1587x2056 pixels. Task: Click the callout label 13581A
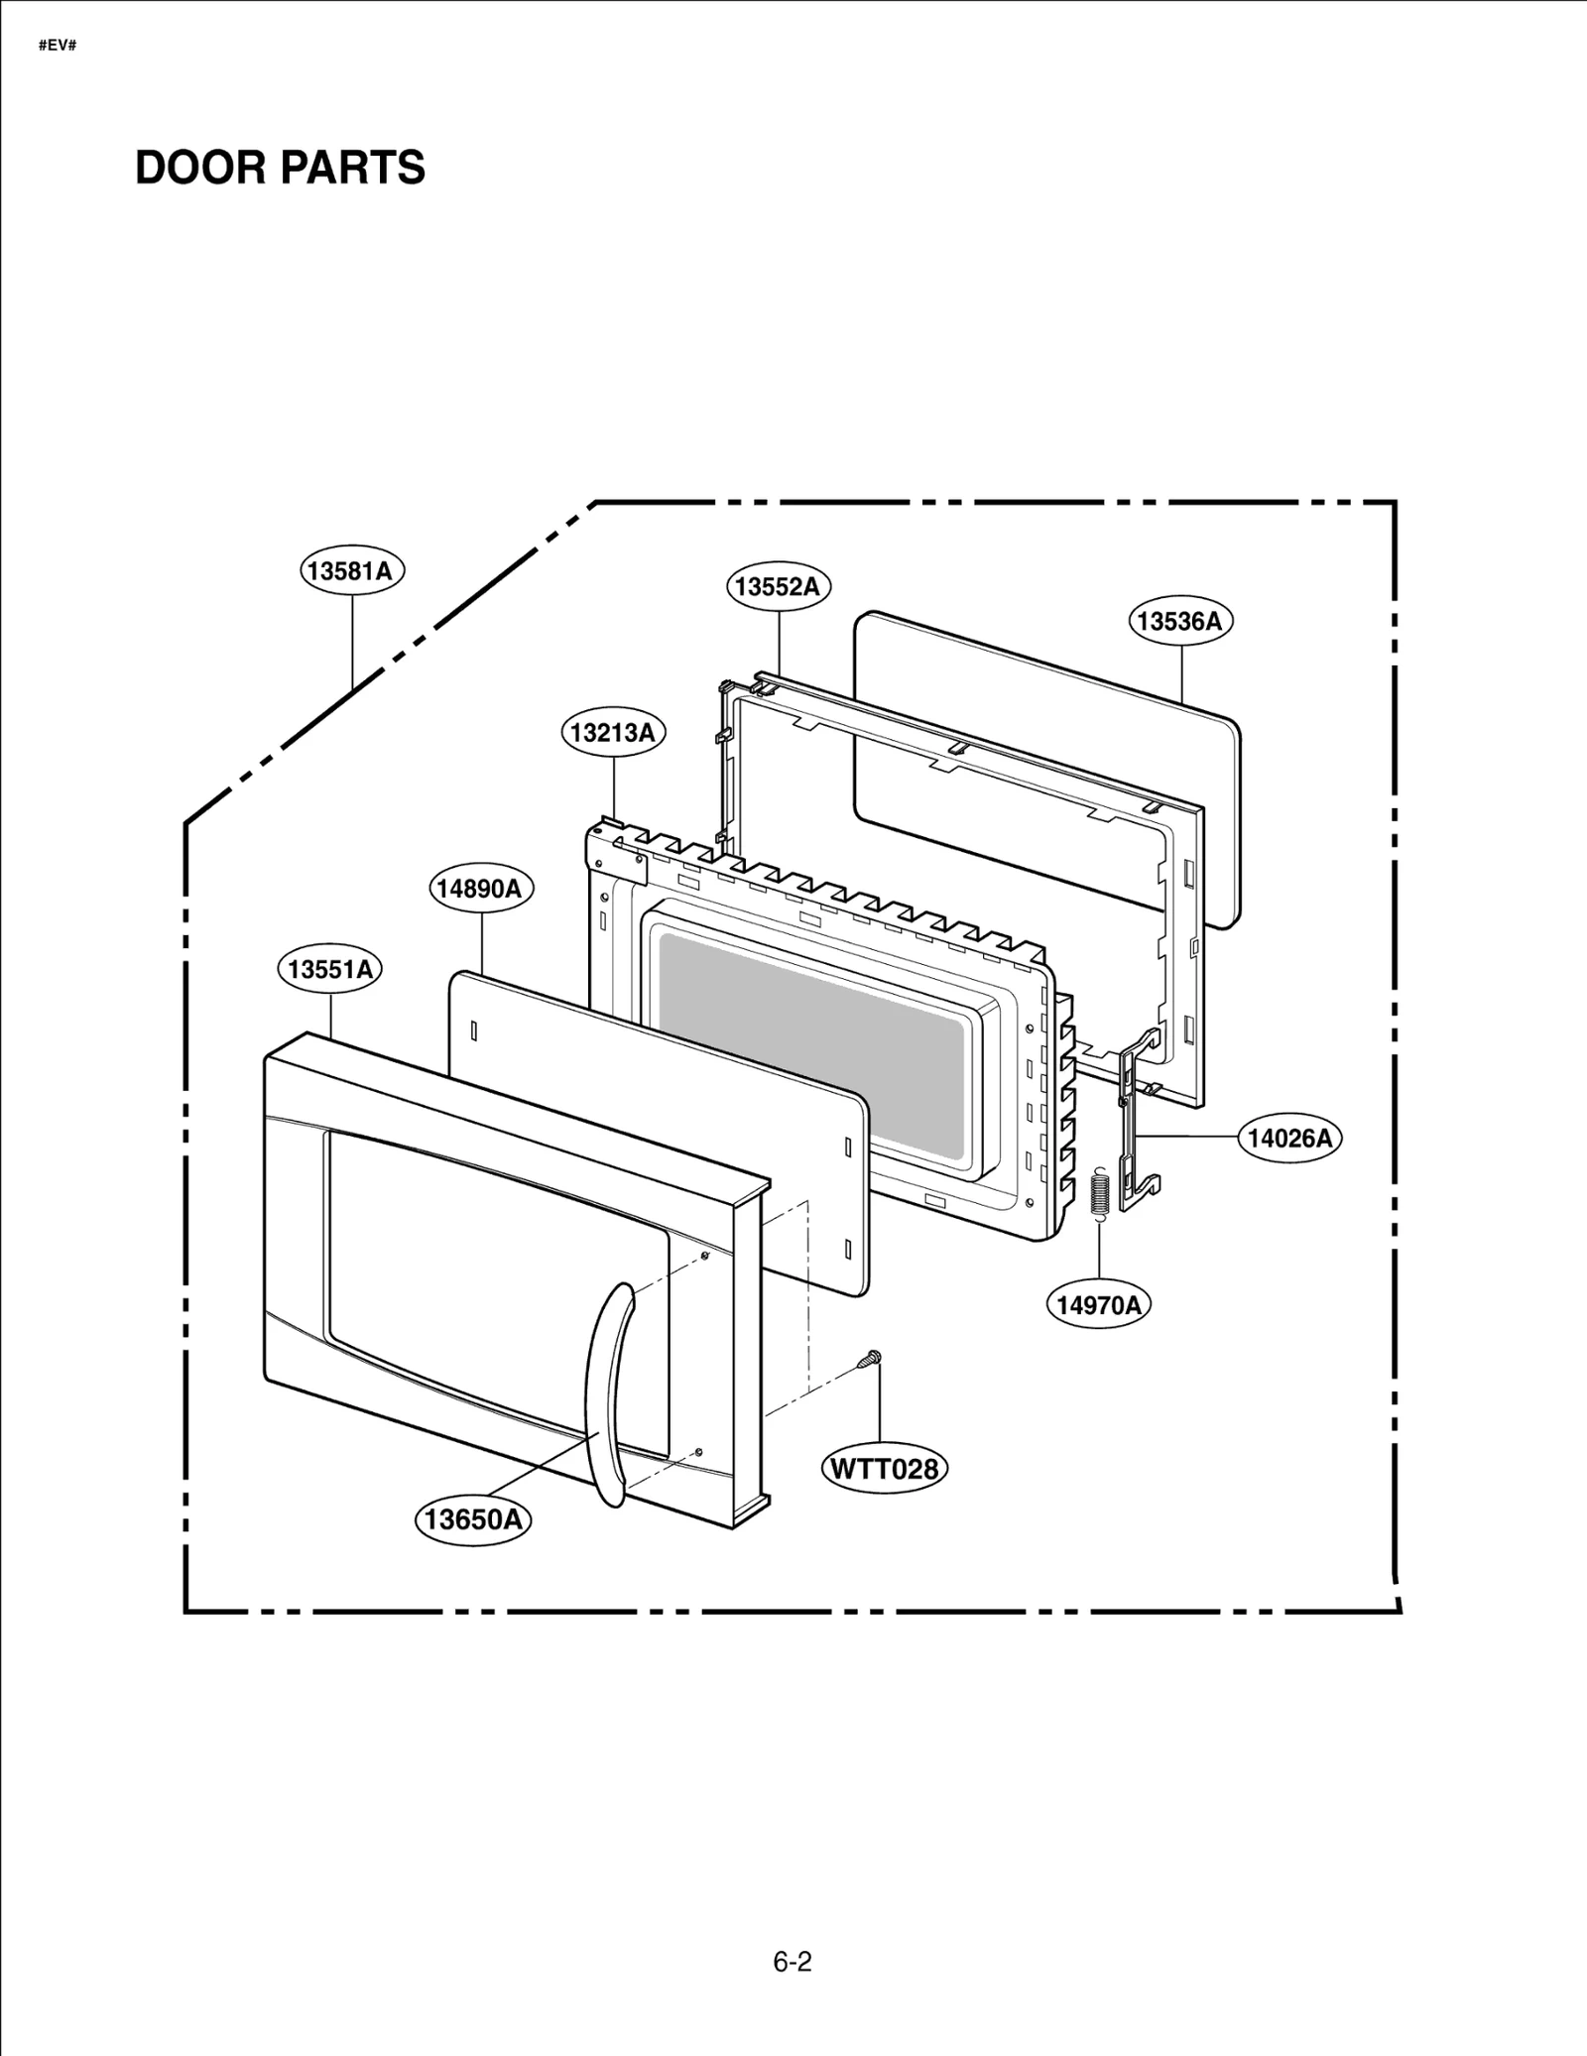point(352,571)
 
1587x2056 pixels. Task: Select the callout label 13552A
point(778,586)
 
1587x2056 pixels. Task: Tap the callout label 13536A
point(1179,621)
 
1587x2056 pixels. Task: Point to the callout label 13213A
point(613,733)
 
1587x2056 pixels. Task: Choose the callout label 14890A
point(480,888)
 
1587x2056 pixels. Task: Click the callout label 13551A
point(330,969)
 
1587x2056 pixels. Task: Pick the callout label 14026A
point(1289,1138)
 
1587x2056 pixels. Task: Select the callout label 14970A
point(1098,1305)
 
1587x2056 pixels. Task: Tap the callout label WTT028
point(884,1468)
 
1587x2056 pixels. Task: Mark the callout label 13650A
point(472,1518)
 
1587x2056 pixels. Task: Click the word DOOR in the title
point(197,168)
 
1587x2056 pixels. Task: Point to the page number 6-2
point(793,1962)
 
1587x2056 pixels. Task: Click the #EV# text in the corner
point(58,47)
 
